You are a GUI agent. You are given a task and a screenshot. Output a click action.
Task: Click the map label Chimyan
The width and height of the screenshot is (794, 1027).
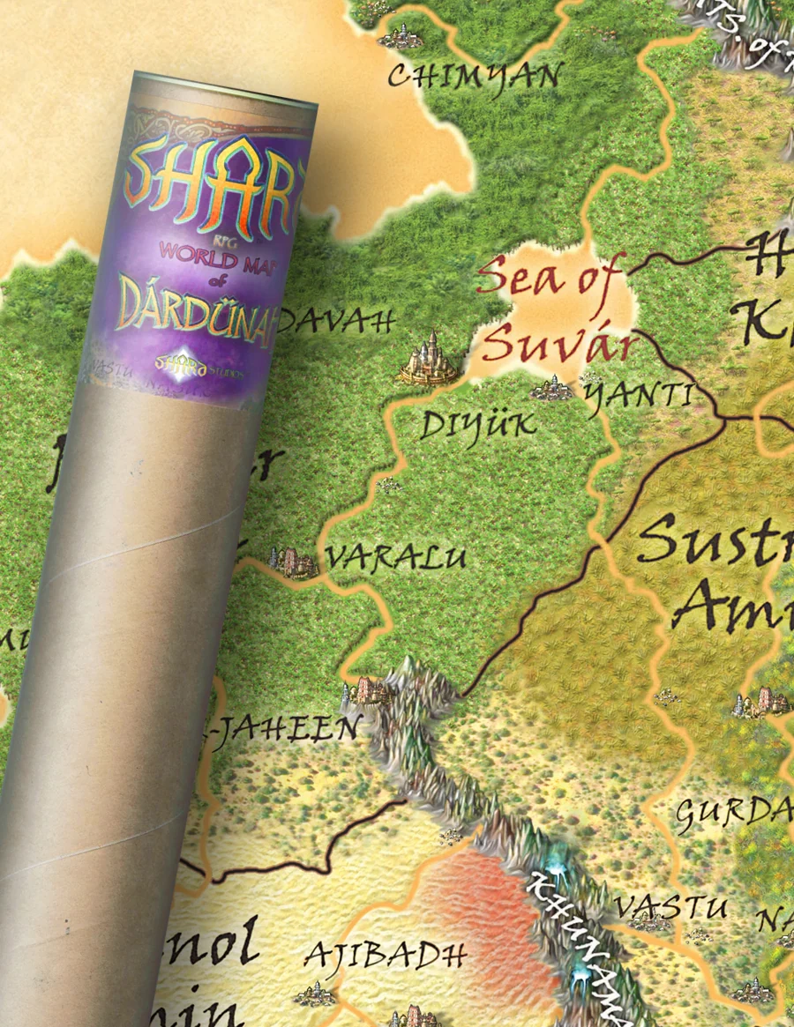(474, 76)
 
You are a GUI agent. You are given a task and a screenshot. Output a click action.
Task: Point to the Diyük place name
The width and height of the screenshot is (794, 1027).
(477, 426)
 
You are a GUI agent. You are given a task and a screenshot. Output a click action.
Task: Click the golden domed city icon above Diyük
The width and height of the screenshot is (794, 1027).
(430, 359)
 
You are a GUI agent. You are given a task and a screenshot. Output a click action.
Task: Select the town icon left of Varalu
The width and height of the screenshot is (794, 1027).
(293, 561)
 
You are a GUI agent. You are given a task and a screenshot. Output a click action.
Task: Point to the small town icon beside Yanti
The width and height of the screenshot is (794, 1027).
(553, 388)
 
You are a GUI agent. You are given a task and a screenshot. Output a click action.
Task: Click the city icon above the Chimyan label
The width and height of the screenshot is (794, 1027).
(402, 36)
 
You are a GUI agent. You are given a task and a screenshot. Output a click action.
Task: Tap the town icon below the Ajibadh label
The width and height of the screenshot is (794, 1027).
(316, 994)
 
